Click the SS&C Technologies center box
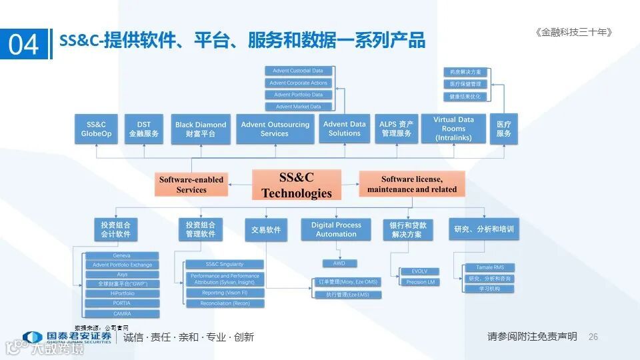coord(297,185)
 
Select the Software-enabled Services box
coord(191,185)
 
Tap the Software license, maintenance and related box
coord(412,184)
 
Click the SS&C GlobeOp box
coord(97,129)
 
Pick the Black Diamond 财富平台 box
coord(201,129)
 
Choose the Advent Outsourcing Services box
coord(275,129)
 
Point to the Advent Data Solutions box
coord(345,128)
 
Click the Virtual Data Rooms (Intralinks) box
coord(453,129)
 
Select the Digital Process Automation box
coord(336,229)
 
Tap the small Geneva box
coord(122,255)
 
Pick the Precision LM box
coord(420,282)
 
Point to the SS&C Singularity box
coord(225,264)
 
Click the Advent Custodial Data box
coord(298,71)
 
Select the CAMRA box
coord(122,313)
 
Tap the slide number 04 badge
coord(24,45)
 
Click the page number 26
coord(593,337)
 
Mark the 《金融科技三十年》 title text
coord(573,32)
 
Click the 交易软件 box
coord(266,229)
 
